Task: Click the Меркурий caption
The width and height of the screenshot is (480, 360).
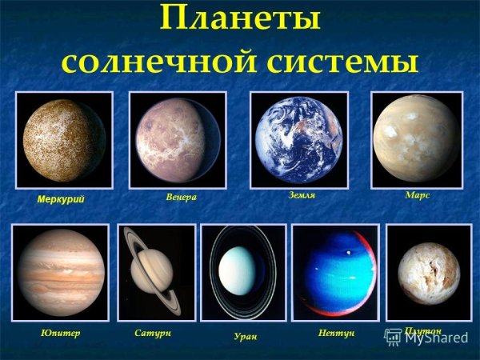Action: click(x=62, y=198)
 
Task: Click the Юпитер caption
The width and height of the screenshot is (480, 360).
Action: click(x=60, y=331)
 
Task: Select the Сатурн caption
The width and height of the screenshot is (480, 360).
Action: click(x=154, y=331)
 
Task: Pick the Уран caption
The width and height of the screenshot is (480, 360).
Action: click(x=244, y=336)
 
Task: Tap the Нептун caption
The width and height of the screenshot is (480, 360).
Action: click(x=336, y=331)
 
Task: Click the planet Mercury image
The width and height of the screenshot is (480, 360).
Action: click(x=64, y=140)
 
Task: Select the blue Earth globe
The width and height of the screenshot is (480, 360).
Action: click(x=298, y=140)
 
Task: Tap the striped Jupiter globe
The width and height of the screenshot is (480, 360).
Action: click(x=59, y=272)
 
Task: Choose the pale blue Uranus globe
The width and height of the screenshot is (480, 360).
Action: click(x=242, y=270)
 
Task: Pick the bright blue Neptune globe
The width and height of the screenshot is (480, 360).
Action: click(x=336, y=270)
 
